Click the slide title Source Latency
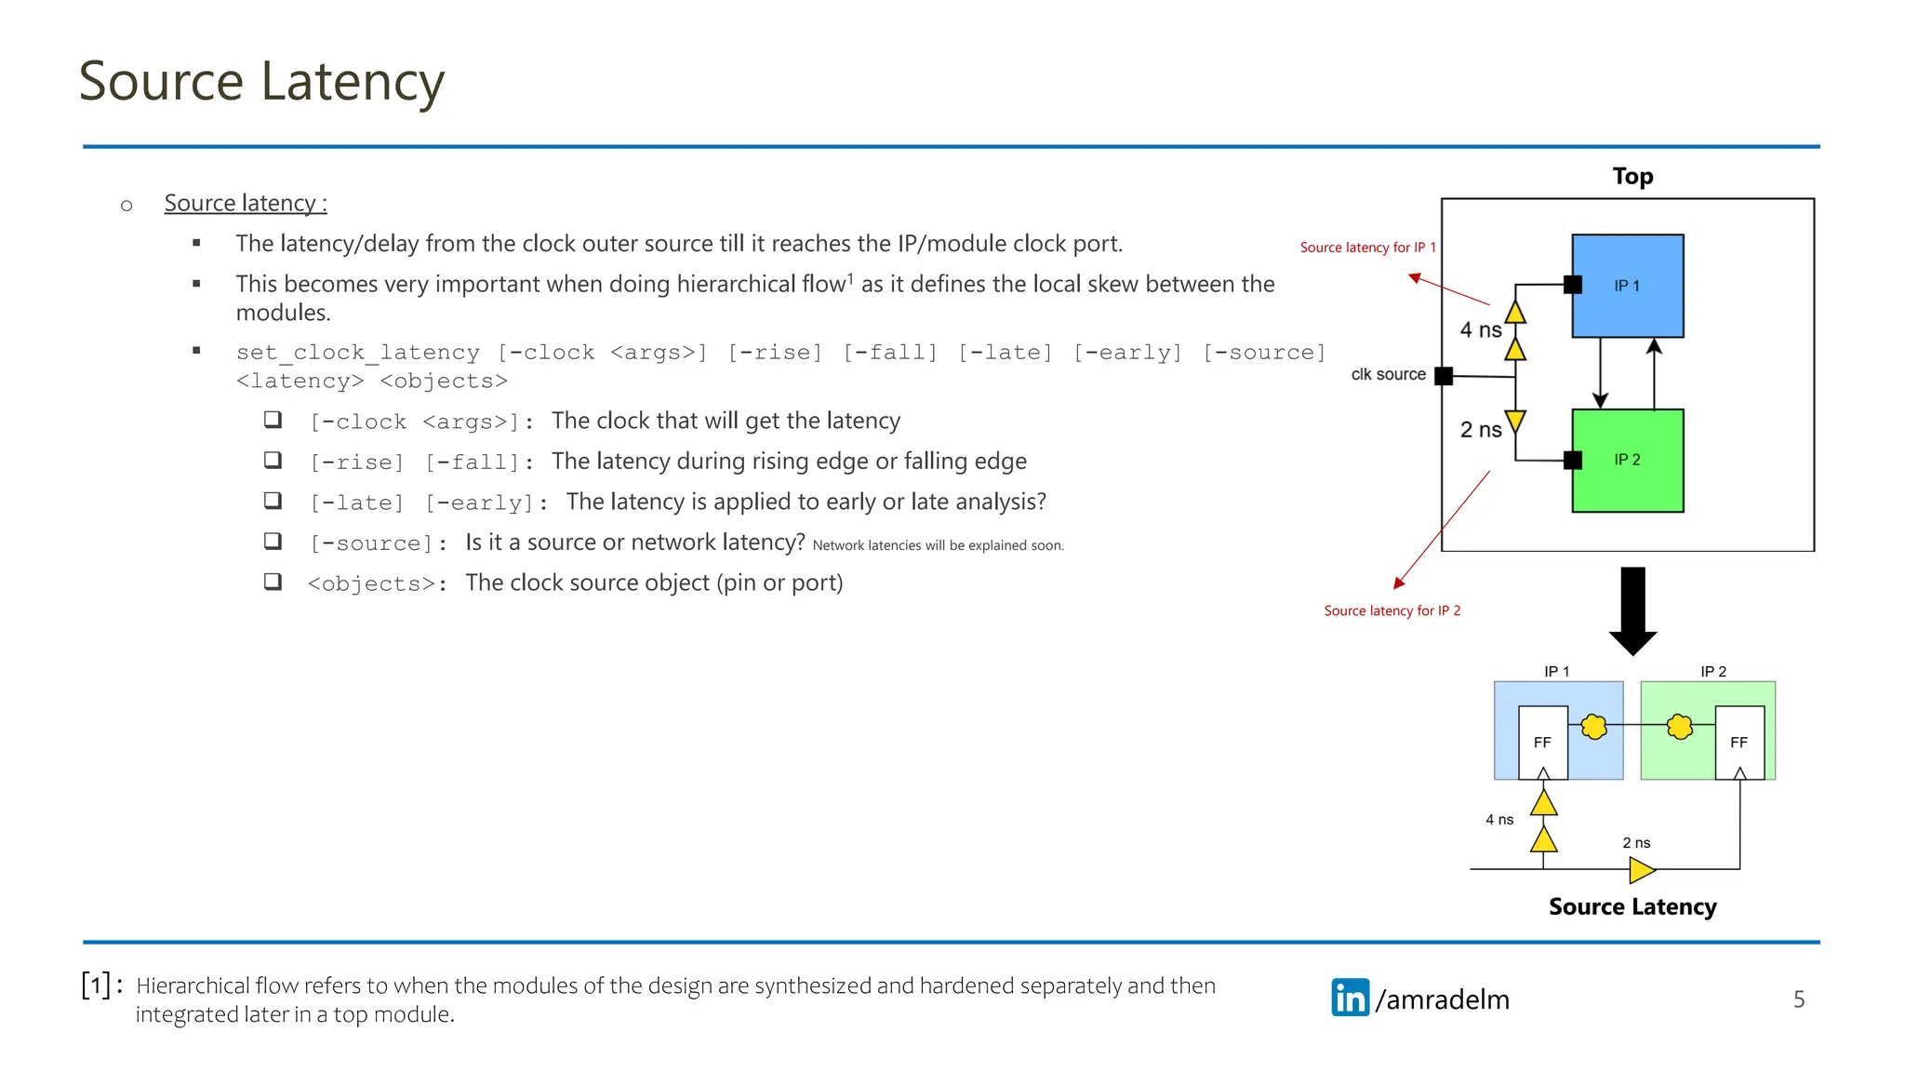click(x=261, y=81)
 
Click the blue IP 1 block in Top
click(x=1627, y=286)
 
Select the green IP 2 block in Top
click(x=1627, y=460)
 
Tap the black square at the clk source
click(x=1444, y=376)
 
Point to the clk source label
click(x=1388, y=374)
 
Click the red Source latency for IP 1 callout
click(x=1367, y=248)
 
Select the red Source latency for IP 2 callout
click(x=1392, y=610)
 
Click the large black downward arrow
click(x=1632, y=610)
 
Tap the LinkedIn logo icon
click(x=1350, y=998)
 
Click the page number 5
click(x=1799, y=999)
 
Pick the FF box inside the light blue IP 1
click(x=1542, y=742)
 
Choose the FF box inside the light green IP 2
click(x=1738, y=742)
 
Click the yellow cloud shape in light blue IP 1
click(x=1593, y=726)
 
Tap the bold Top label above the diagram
click(x=1632, y=176)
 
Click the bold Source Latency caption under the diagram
click(x=1632, y=906)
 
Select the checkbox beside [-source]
click(x=273, y=541)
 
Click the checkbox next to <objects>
click(x=273, y=582)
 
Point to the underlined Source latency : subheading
click(x=246, y=203)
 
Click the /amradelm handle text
click(x=1442, y=999)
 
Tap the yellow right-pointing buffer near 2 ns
click(x=1642, y=870)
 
